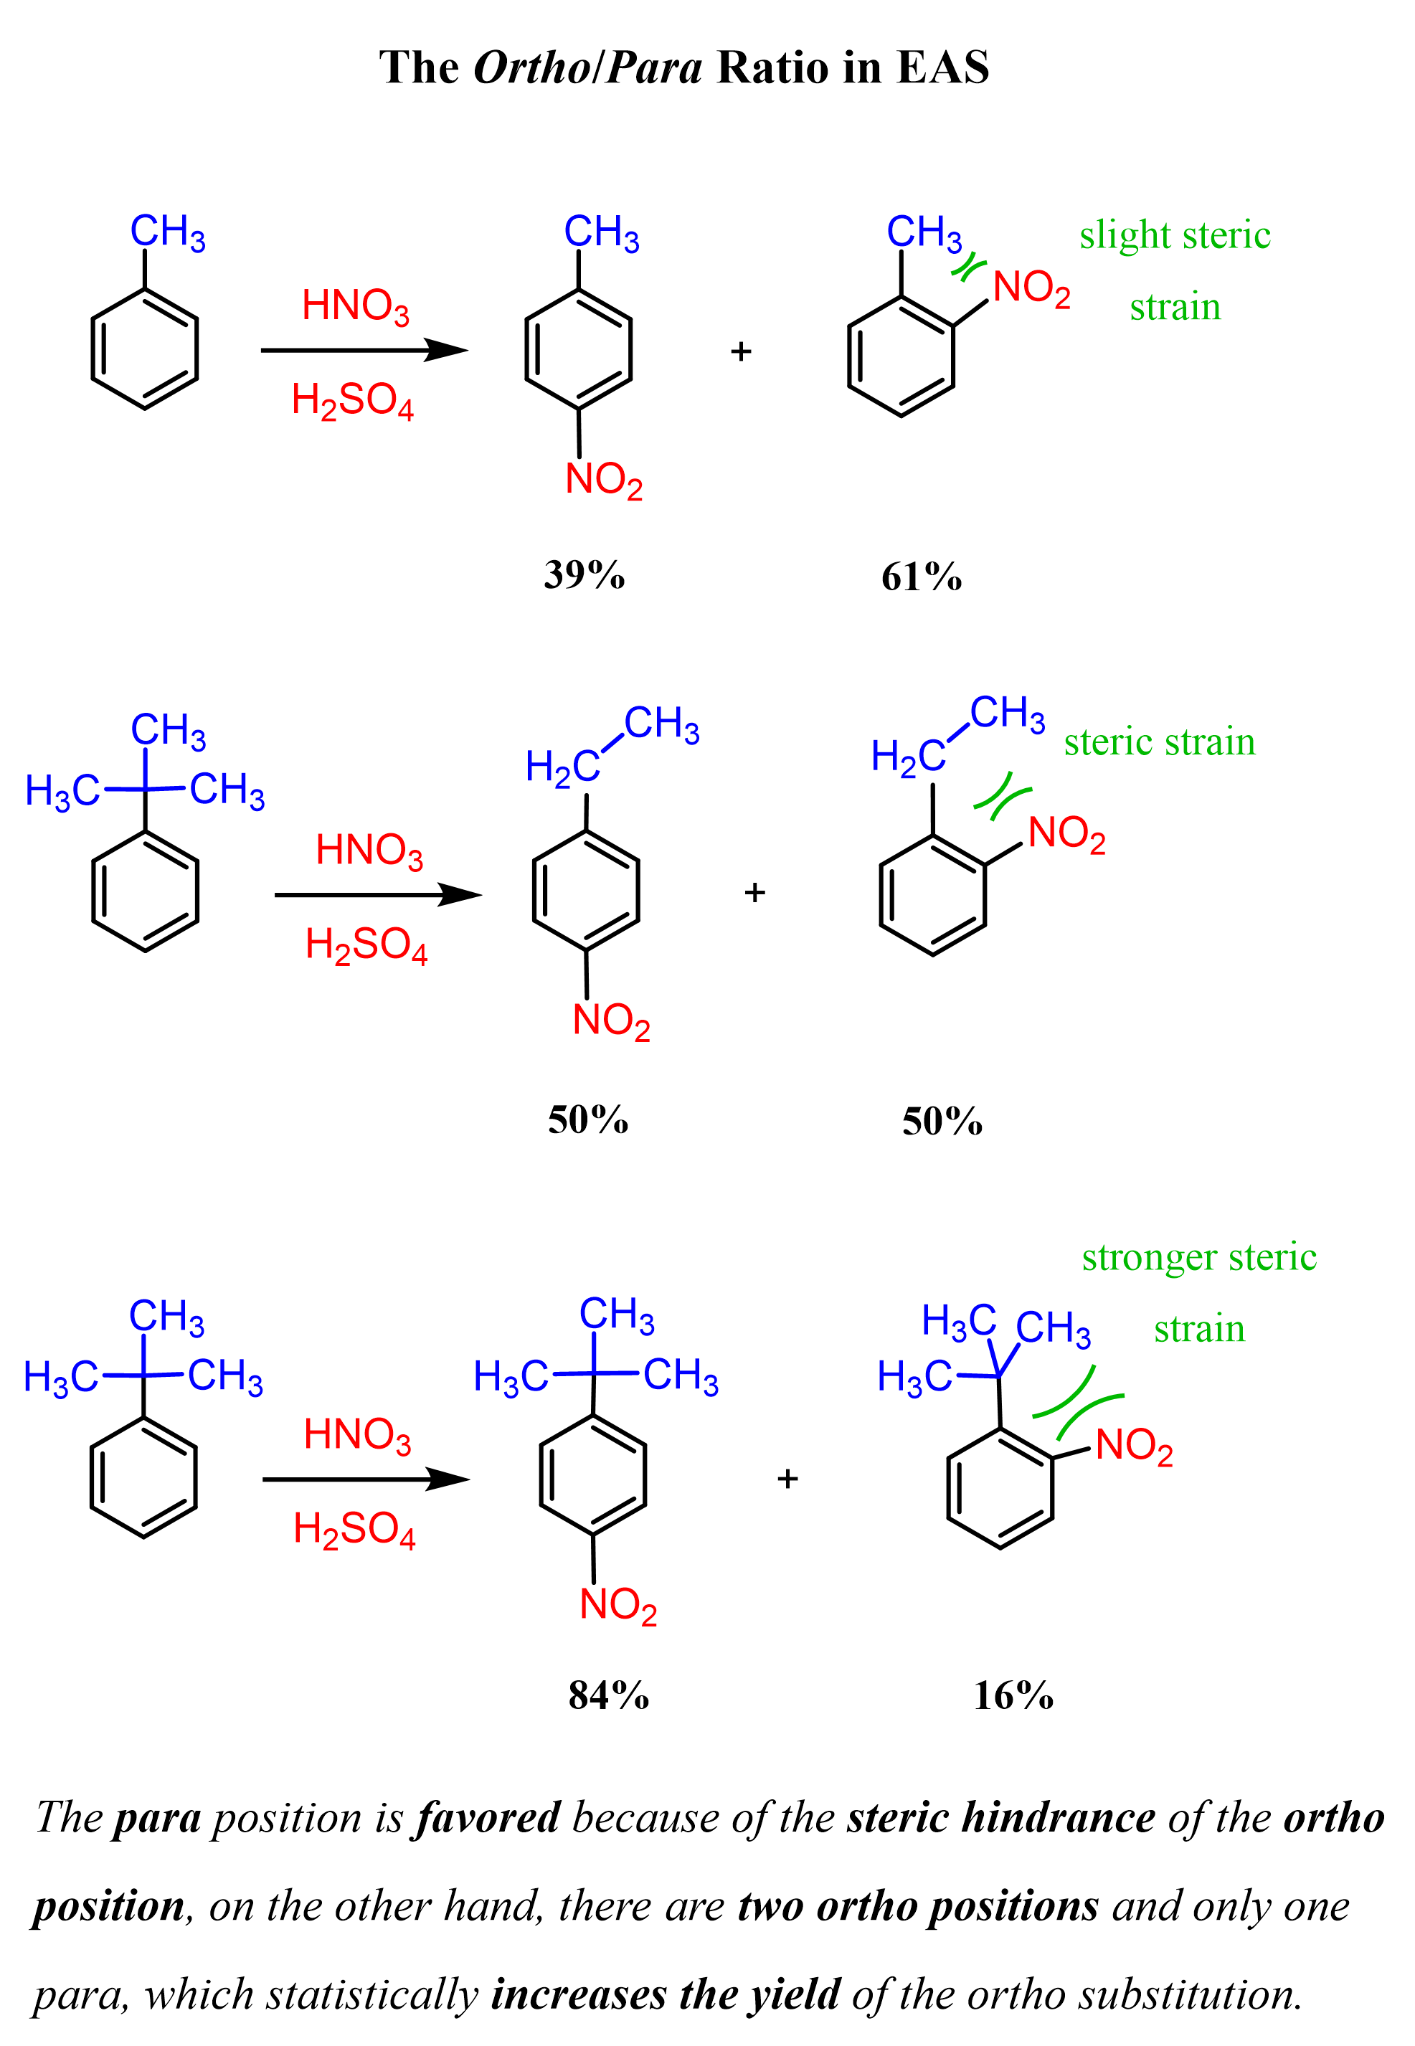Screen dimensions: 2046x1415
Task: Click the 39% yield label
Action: point(585,574)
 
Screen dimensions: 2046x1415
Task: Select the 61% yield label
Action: point(921,577)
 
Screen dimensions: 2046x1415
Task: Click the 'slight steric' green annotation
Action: point(1175,235)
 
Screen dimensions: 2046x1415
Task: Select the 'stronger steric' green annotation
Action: point(1198,1257)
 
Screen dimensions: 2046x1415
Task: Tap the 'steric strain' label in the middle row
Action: point(1160,742)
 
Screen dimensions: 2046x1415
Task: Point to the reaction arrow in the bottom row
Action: point(365,1479)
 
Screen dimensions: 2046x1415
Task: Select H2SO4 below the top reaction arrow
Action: point(353,401)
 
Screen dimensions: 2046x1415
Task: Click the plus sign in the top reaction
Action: point(741,352)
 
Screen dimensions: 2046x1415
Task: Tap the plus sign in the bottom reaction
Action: point(787,1479)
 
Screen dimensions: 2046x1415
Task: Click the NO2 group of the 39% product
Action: point(604,480)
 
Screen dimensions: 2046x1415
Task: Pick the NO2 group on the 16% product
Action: point(1134,1446)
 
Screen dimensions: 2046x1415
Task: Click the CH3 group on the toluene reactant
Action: point(168,233)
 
